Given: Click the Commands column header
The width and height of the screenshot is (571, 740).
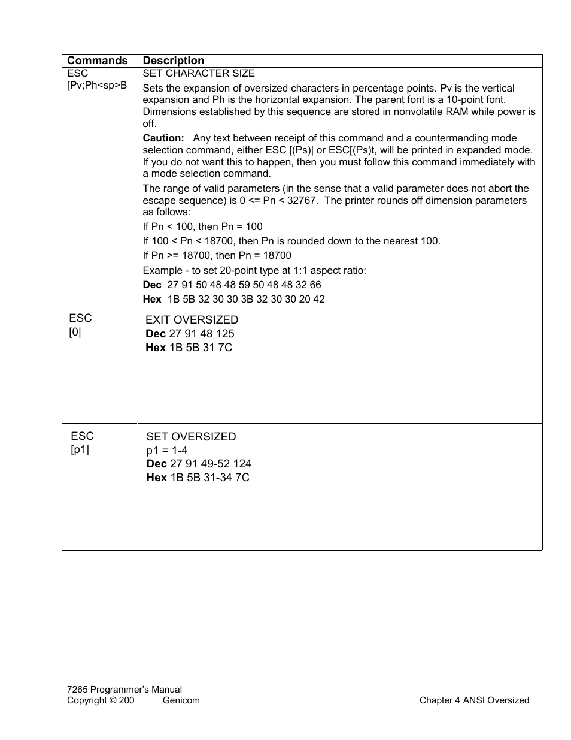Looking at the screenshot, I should [97, 61].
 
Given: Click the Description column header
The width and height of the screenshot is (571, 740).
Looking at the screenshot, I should [173, 61].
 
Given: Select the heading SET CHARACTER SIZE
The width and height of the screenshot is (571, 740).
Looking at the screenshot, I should [199, 73].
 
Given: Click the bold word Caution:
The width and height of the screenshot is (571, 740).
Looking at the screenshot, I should [163, 138].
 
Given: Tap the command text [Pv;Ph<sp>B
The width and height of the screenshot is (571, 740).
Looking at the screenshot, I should [97, 86].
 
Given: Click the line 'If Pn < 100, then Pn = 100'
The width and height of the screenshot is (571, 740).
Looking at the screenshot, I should [202, 226].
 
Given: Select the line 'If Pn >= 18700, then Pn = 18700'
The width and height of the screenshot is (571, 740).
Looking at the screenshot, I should [217, 256].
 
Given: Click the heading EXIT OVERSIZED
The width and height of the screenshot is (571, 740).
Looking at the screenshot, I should [192, 320].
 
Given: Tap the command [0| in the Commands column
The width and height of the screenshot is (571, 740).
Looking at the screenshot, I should [75, 332].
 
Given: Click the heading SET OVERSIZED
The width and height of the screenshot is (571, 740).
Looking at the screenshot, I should [191, 437].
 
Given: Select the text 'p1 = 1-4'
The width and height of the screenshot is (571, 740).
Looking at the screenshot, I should [167, 451].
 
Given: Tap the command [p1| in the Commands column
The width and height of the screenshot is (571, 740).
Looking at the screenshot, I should [80, 449].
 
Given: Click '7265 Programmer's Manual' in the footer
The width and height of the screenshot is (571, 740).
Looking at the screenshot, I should [124, 690].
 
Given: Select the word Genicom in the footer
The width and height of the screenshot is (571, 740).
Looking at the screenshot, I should [181, 700].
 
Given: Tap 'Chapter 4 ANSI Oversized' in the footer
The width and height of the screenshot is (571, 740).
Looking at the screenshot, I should [474, 700].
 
